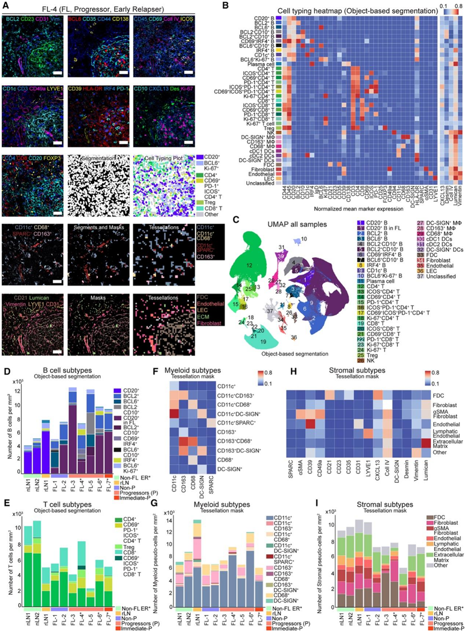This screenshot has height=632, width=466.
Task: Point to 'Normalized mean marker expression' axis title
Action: (x=351, y=207)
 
